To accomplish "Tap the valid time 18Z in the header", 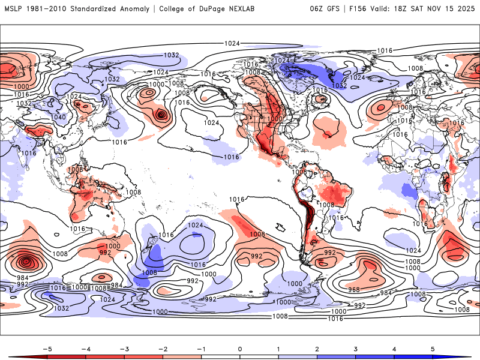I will [x=405, y=9].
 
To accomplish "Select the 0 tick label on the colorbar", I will [x=239, y=348].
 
